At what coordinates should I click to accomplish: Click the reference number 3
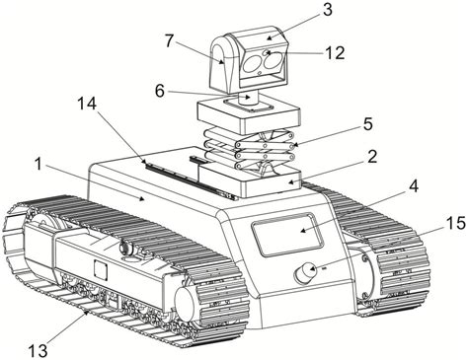point(327,10)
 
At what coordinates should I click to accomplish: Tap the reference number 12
point(335,52)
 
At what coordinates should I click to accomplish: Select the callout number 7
point(169,41)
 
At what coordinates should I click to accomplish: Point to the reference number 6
point(160,91)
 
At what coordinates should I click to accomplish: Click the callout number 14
point(87,104)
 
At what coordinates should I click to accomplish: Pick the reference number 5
point(367,124)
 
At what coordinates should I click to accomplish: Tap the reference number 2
point(372,157)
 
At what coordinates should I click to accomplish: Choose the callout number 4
point(414,186)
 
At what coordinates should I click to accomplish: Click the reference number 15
point(456,224)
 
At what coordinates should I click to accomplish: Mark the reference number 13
point(39,351)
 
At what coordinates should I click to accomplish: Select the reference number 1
point(39,165)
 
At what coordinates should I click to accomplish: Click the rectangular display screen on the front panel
point(287,234)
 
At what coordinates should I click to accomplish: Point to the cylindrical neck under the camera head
point(249,99)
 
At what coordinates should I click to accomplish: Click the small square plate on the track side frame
point(101,268)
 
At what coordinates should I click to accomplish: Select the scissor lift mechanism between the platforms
point(249,148)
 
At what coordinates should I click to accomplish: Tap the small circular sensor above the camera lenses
point(266,52)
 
